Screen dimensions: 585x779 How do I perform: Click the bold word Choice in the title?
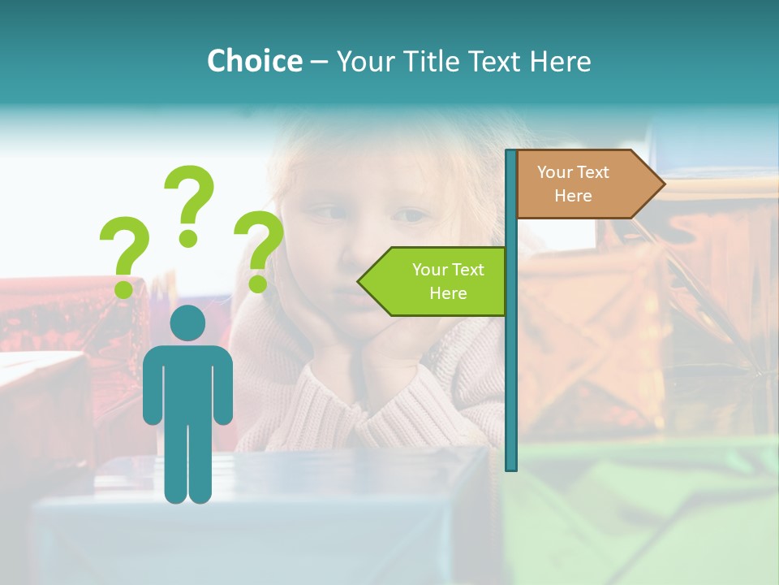click(254, 61)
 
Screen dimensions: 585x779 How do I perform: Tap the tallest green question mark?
click(190, 203)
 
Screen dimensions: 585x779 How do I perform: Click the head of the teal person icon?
click(187, 323)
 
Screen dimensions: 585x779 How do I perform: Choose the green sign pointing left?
click(438, 281)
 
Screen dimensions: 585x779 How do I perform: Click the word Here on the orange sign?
click(573, 196)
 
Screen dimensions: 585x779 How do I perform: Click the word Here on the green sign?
click(448, 293)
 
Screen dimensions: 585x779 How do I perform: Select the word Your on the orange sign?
click(555, 172)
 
